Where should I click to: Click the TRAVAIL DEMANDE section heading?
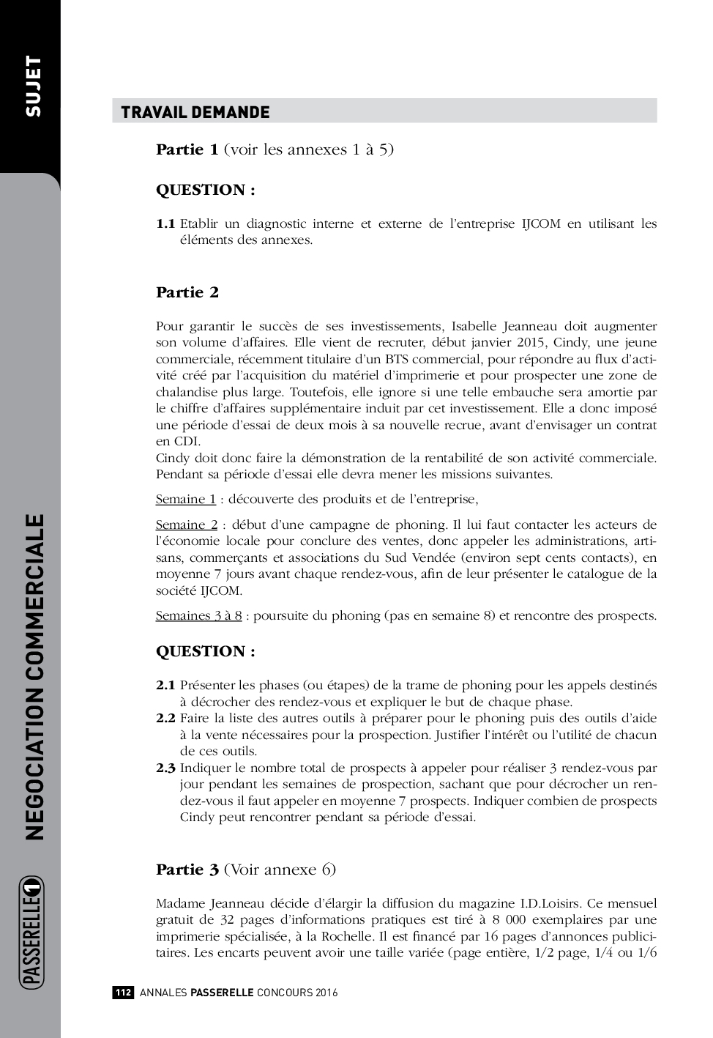pos(195,112)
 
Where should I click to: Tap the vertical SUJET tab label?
pos(33,86)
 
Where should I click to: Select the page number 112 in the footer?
pos(122,993)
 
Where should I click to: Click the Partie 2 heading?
pos(187,292)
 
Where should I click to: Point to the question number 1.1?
pos(165,223)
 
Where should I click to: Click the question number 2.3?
pos(165,768)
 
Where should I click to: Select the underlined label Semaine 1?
pos(185,499)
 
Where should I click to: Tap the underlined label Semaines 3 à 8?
pos(198,615)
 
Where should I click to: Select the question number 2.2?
pos(165,718)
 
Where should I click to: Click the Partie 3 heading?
pos(187,870)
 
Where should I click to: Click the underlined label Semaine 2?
pos(186,524)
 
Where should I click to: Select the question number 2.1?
pos(165,685)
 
